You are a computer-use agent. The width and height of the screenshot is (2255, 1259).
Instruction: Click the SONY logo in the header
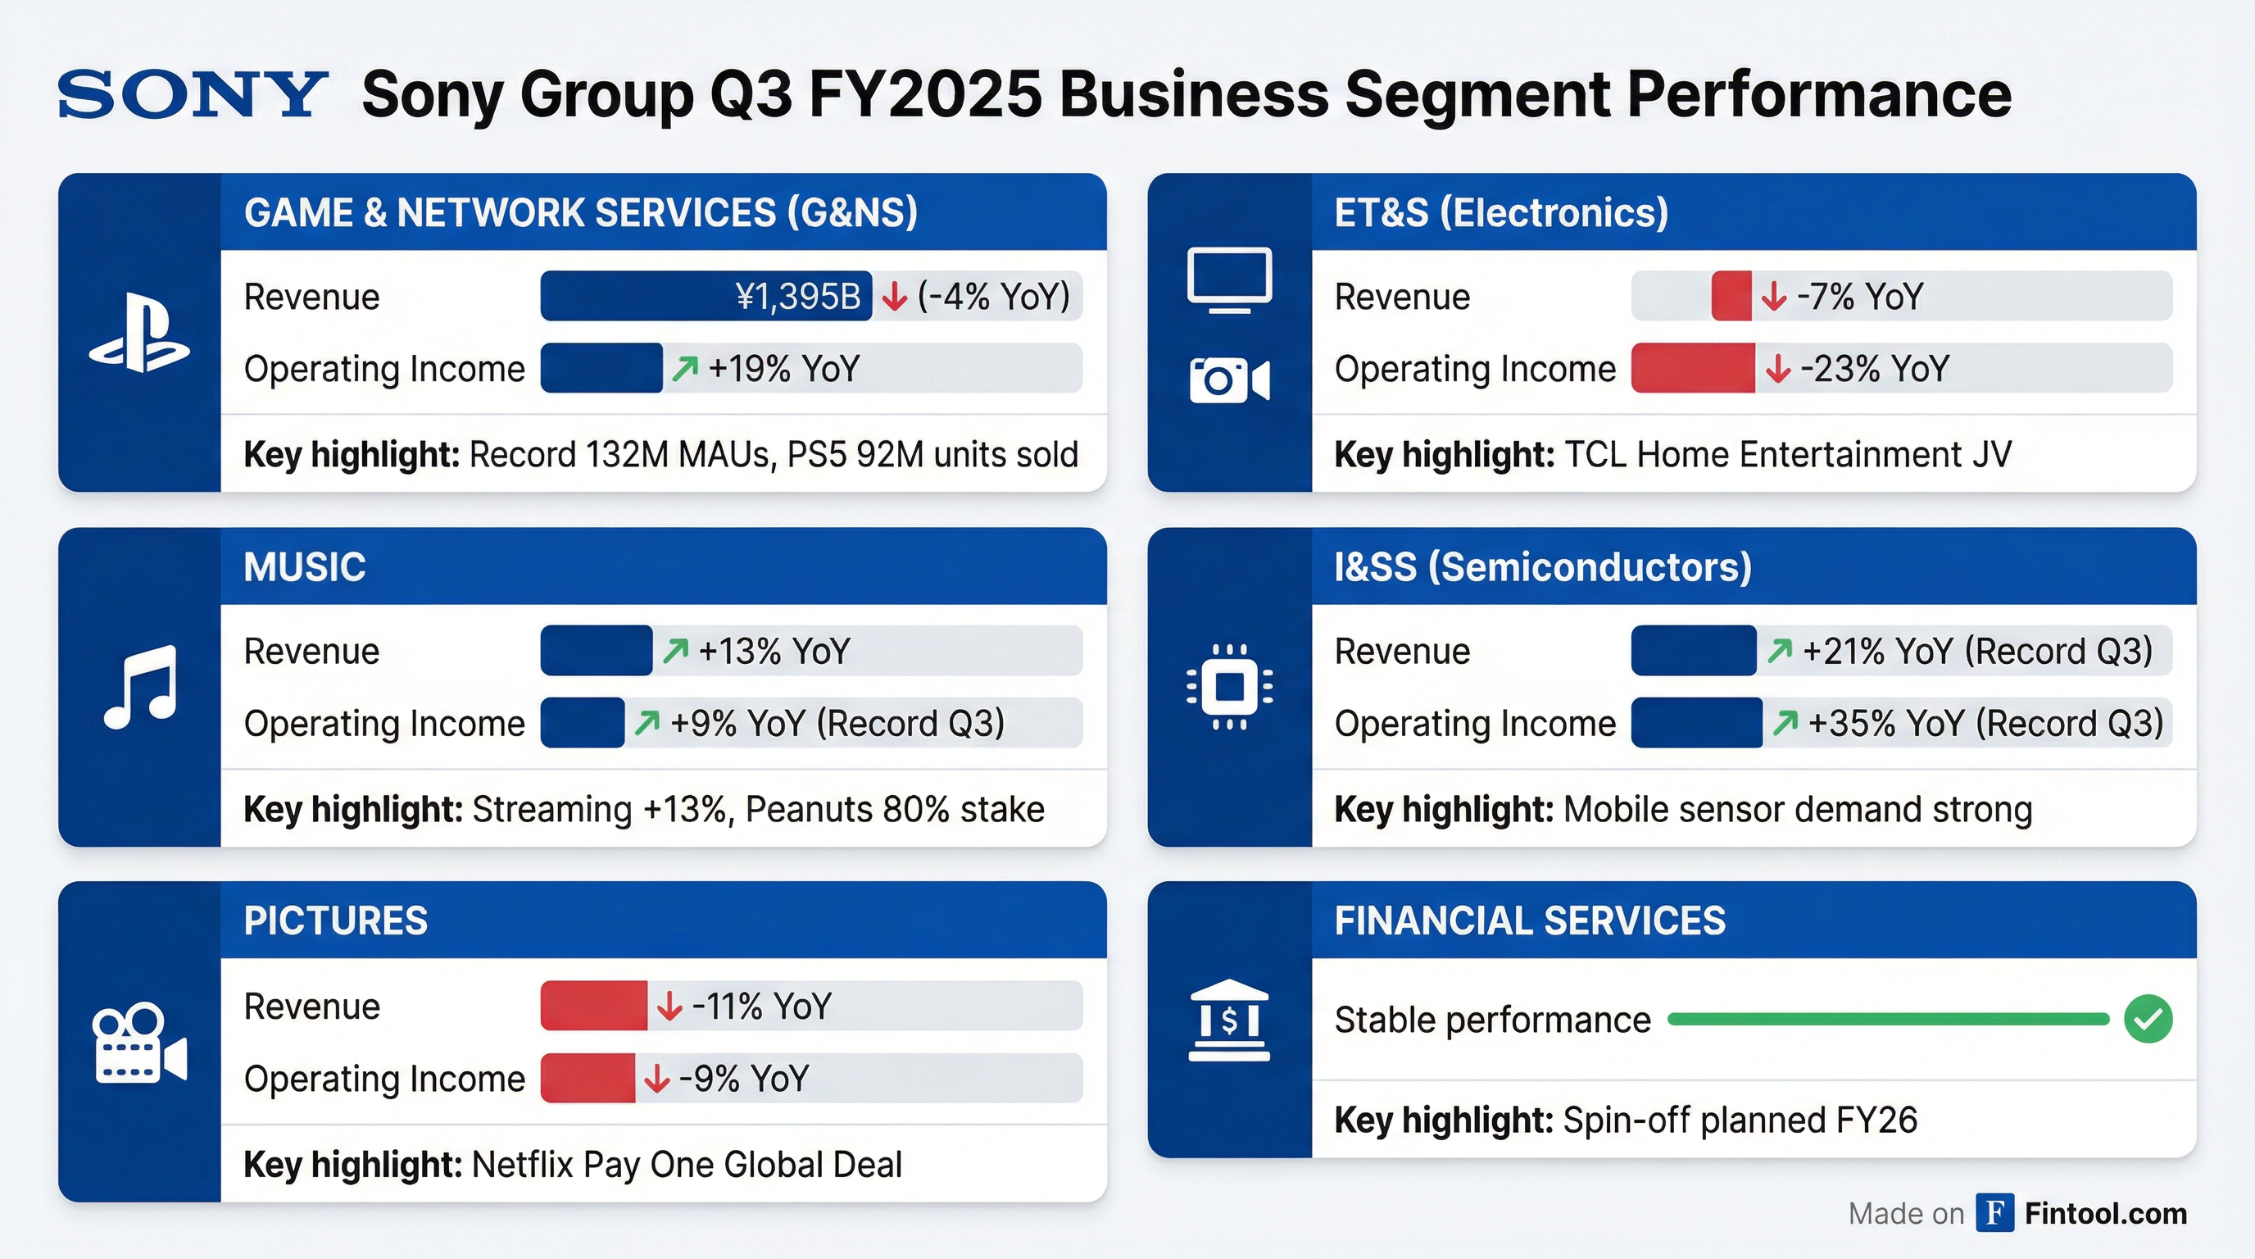tap(192, 93)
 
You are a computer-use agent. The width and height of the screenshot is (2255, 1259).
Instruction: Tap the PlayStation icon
tap(139, 334)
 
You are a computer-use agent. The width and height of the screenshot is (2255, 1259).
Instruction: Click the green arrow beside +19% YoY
tap(685, 369)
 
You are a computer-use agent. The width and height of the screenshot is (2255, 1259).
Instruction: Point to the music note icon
tap(141, 687)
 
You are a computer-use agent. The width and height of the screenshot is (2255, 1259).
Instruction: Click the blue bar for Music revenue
tap(597, 651)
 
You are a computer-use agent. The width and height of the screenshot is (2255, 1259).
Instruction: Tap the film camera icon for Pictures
tap(139, 1043)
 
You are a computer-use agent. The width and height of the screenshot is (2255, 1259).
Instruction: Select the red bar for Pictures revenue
tap(593, 1006)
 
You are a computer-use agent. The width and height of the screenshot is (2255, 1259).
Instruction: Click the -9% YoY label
tap(743, 1079)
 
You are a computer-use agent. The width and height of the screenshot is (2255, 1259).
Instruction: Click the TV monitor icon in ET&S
tap(1229, 280)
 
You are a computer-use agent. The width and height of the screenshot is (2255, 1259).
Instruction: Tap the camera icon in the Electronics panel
tap(1229, 380)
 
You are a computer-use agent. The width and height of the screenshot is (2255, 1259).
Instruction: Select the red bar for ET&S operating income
tap(1692, 369)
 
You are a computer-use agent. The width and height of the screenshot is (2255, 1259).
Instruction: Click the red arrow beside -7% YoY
tap(1773, 297)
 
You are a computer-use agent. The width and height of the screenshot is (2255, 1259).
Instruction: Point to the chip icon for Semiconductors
tap(1229, 687)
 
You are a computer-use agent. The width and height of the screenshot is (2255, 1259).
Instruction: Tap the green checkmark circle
tap(2148, 1019)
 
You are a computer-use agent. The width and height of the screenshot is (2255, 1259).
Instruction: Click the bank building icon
tap(1229, 1020)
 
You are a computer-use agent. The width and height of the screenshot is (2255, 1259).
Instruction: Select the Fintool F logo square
tap(1995, 1212)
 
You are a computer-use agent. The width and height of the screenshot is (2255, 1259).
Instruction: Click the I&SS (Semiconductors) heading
tap(1542, 567)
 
